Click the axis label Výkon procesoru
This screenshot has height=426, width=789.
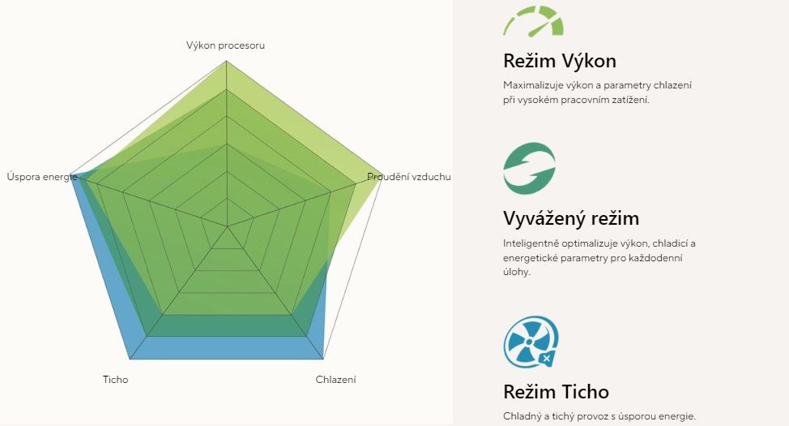coord(225,45)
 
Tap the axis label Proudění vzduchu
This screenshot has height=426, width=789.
coord(408,177)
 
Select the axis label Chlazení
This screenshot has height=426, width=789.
coord(335,380)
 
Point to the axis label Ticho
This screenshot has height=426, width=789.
coord(115,380)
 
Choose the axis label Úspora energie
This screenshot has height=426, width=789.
coord(42,177)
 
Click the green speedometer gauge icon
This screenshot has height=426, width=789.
coord(533,20)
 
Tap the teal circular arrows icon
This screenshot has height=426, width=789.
coord(529,168)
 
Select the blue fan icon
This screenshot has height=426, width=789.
coord(531,342)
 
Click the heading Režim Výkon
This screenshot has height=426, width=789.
coord(560,61)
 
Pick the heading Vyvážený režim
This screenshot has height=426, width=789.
coord(571,218)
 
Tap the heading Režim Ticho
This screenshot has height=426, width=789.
coord(556,392)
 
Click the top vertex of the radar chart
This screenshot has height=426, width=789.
coord(227,61)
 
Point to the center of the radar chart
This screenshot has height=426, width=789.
coord(227,226)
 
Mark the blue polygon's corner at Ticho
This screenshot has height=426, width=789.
coord(130,359)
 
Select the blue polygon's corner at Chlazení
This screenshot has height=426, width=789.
coord(322,359)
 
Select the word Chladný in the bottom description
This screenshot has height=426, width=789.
coord(519,416)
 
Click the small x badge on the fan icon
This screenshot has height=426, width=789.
coord(547,358)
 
